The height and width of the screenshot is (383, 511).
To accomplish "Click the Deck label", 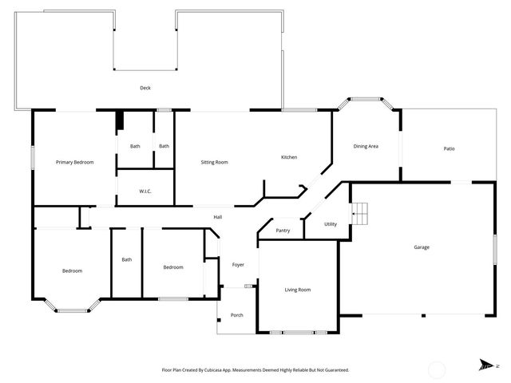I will [145, 88].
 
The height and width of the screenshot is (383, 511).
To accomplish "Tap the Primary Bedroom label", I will [74, 162].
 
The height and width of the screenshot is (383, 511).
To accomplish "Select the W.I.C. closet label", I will [145, 191].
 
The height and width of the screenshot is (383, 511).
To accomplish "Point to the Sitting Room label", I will [214, 162].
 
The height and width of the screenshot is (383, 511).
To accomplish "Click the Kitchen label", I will [289, 157].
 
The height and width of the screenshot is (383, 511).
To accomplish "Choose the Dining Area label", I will [366, 147].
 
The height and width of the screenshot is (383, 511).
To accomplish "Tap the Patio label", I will [450, 149].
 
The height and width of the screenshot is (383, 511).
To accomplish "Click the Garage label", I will [422, 247].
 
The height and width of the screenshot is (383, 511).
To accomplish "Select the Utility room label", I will [331, 224].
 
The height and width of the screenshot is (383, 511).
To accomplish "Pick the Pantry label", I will [283, 231].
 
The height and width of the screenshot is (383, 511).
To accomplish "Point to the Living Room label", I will [298, 290].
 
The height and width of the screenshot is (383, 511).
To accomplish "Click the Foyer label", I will [238, 265].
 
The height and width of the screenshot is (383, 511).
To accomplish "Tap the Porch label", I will [237, 315].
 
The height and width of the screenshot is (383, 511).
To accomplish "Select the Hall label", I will [217, 217].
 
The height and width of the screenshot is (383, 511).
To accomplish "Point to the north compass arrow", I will [485, 365].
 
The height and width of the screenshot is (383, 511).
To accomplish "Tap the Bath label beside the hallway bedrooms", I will [127, 259].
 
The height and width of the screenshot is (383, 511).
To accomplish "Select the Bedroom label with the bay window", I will [72, 271].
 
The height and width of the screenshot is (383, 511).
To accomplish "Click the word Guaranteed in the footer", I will [334, 370].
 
